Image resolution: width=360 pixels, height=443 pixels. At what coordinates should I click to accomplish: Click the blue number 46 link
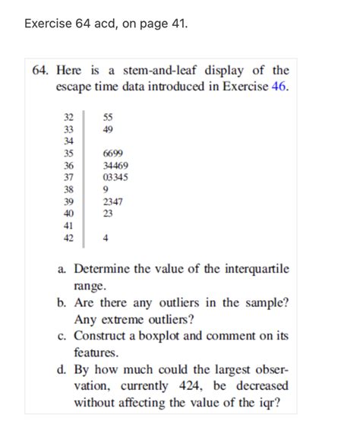[279, 87]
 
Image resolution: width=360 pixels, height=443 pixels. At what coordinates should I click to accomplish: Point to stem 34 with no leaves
[69, 141]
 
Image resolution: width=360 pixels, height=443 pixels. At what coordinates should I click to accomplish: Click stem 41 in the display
[69, 226]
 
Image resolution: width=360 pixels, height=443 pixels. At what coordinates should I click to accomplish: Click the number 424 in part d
[191, 386]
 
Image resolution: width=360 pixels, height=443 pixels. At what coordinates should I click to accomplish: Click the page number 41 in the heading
[175, 24]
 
